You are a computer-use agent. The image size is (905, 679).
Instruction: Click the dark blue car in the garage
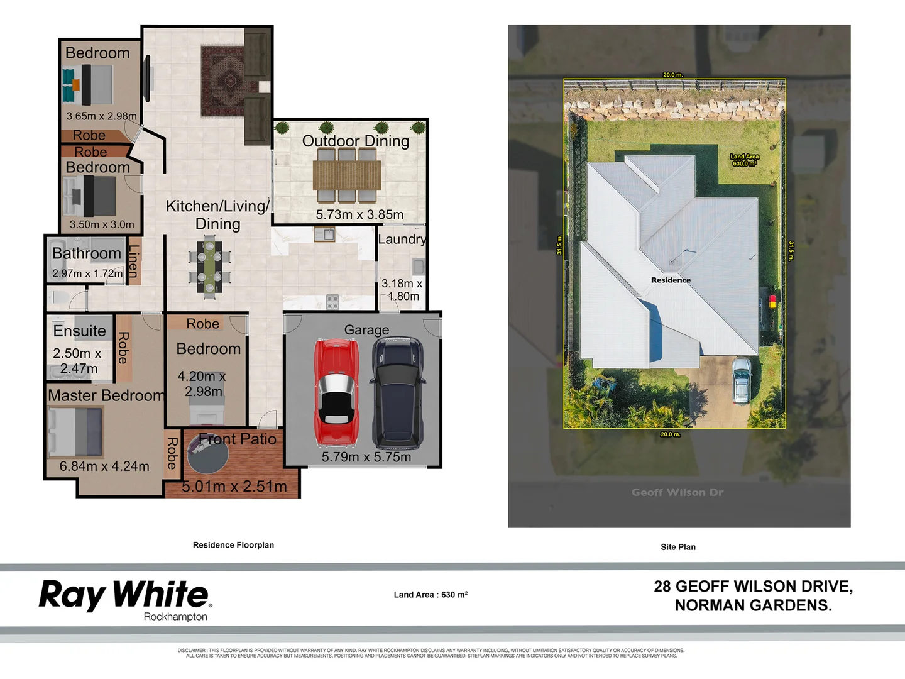[398, 391]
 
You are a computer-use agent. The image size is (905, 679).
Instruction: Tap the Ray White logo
[125, 595]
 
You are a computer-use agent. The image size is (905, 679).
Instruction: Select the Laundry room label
[402, 240]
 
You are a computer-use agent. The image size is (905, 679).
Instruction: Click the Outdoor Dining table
[347, 174]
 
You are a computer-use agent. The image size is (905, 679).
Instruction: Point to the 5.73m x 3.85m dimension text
[359, 214]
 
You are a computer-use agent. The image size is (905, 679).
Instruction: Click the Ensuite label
[79, 331]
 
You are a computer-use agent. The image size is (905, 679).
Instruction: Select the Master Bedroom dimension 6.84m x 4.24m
[104, 466]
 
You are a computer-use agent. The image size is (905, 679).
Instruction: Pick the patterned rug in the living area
[222, 81]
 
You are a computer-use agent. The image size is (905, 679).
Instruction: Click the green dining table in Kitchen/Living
[209, 267]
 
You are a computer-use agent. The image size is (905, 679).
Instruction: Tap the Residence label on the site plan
[671, 280]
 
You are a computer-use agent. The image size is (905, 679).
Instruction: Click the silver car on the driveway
[742, 380]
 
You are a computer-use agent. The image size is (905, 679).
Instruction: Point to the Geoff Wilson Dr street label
[677, 492]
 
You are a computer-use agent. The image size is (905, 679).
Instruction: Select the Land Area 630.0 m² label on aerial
[744, 160]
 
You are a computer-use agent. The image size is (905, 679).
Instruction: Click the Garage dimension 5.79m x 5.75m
[366, 457]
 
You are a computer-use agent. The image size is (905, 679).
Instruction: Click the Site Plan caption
[678, 547]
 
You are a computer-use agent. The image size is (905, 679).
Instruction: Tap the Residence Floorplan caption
[233, 545]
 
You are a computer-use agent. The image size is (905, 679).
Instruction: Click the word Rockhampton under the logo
[175, 617]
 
